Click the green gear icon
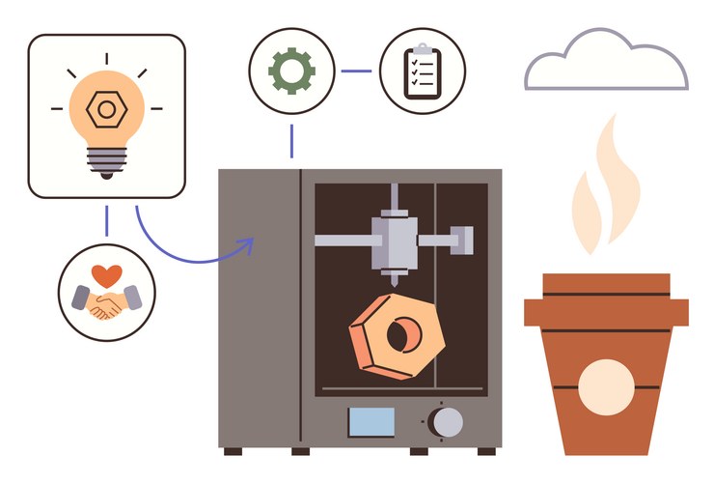pyautogui.click(x=290, y=71)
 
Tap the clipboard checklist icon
pyautogui.click(x=422, y=71)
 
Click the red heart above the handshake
pyautogui.click(x=107, y=274)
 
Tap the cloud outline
pyautogui.click(x=607, y=64)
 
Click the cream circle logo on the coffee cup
pyautogui.click(x=605, y=385)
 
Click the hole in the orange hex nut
pyautogui.click(x=399, y=333)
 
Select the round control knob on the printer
pyautogui.click(x=445, y=421)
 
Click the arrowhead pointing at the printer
pyautogui.click(x=247, y=245)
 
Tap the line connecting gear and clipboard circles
pyautogui.click(x=355, y=71)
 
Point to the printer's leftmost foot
pyautogui.click(x=233, y=450)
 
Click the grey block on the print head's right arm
pyautogui.click(x=463, y=237)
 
